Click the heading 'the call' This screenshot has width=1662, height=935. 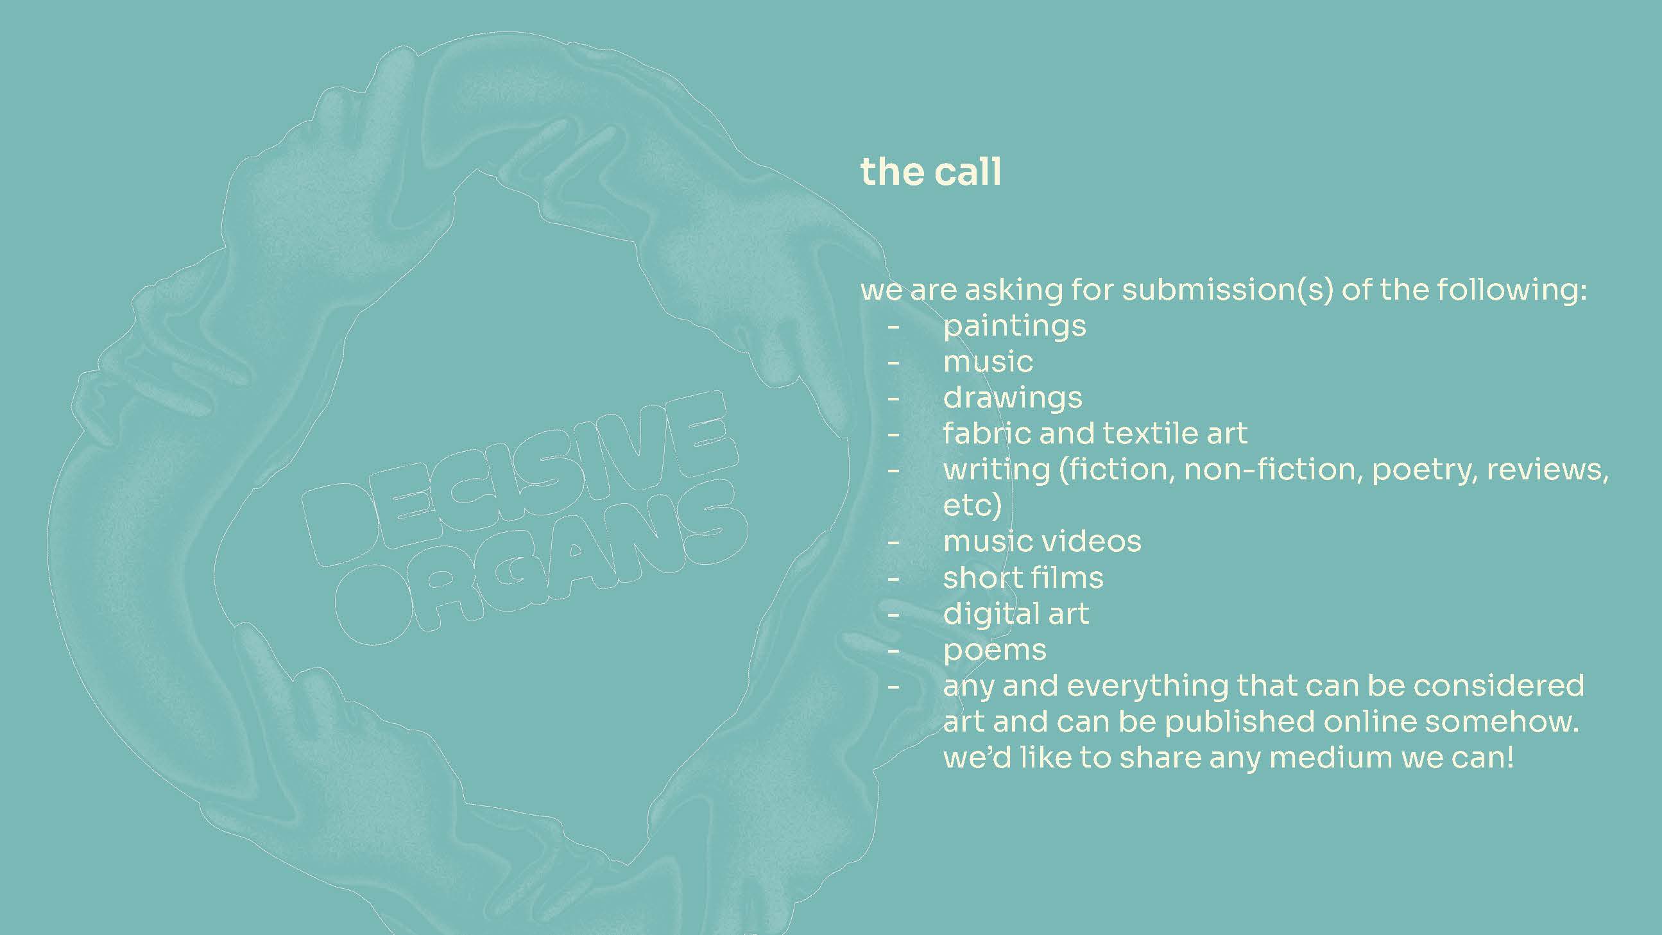[930, 172]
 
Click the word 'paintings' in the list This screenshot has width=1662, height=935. [1015, 327]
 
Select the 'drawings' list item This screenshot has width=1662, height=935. [1013, 398]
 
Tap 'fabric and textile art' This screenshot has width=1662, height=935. [1095, 433]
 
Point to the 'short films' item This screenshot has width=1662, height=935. [1024, 578]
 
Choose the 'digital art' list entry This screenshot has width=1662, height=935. [1016, 614]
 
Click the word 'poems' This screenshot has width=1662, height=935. [995, 651]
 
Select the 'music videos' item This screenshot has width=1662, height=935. [1042, 542]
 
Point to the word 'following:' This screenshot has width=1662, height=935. [1482, 291]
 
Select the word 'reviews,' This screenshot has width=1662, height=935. [1547, 470]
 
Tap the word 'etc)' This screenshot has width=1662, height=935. [972, 505]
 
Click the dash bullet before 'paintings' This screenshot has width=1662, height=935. [893, 327]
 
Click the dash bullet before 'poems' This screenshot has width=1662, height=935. [893, 651]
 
